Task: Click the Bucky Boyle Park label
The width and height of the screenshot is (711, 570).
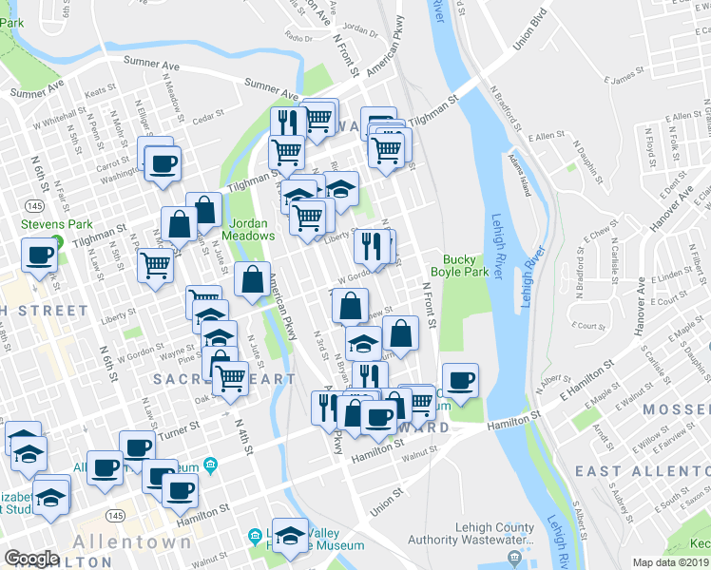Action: (466, 265)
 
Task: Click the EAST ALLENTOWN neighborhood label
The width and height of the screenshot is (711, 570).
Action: (644, 471)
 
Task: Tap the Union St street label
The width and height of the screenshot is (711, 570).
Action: (387, 498)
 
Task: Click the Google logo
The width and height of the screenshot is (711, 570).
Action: (30, 559)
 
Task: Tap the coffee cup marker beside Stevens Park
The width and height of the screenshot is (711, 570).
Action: (40, 256)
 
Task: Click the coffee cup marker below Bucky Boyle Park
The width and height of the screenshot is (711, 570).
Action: (461, 381)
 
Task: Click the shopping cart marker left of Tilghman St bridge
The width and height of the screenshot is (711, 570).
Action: (285, 151)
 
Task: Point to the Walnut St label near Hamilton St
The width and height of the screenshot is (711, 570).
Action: (419, 455)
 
